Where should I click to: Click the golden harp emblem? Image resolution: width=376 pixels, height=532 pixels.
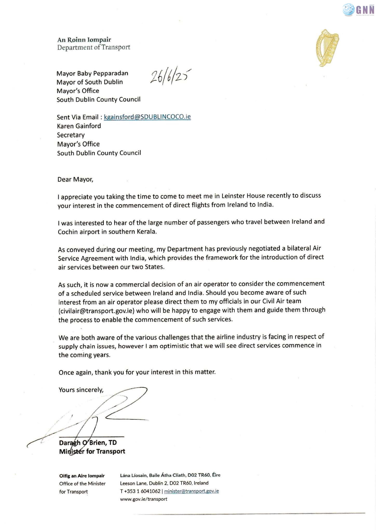click(327, 48)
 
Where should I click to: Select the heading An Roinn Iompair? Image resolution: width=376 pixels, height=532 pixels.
click(84, 40)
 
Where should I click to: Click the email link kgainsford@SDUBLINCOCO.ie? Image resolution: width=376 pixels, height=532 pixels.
click(147, 117)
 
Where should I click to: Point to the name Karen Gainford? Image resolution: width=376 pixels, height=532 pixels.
click(79, 126)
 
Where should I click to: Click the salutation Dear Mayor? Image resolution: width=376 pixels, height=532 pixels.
click(75, 179)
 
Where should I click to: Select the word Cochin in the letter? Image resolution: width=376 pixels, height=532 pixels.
click(68, 232)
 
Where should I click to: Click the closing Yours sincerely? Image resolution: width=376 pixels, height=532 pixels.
click(81, 390)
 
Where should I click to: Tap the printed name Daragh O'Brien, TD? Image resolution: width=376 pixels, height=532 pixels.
click(88, 443)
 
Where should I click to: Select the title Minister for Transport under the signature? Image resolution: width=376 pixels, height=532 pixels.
click(92, 451)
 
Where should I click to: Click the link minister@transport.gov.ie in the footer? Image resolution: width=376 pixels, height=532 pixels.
click(191, 491)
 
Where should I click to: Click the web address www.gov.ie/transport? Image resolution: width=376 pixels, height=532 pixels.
click(143, 499)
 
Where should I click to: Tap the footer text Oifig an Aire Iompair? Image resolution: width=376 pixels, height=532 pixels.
click(82, 476)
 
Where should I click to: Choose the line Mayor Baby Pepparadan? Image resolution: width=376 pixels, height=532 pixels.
click(92, 73)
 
